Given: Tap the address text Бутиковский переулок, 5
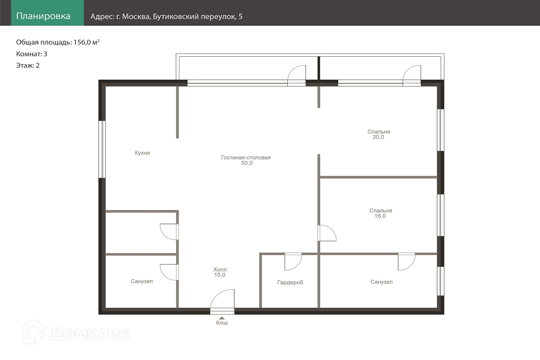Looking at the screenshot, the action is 198,16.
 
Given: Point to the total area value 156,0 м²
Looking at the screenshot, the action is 86,42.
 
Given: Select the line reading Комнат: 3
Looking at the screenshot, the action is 32,54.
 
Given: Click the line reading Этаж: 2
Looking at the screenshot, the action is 28,66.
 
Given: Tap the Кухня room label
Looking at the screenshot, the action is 142,153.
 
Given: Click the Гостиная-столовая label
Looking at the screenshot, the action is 246,157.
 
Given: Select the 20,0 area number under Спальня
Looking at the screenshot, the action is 378,137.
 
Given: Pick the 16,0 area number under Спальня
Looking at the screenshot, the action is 380,216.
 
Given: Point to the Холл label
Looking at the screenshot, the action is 220,270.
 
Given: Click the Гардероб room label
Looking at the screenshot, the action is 290,283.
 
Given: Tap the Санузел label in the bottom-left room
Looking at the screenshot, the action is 142,281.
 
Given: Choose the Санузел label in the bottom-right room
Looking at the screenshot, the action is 382,282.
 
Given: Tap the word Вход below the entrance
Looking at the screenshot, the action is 222,323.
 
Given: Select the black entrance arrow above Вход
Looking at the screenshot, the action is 222,318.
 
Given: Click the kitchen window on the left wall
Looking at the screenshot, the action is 102,149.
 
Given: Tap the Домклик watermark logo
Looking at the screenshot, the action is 76,333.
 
